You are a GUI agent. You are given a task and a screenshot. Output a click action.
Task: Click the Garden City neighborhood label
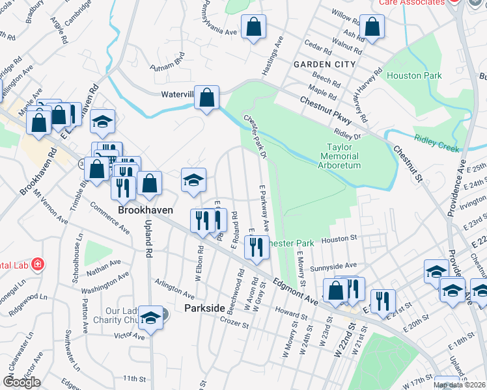coord(324,64)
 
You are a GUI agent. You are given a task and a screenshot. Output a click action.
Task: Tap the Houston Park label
coord(414,75)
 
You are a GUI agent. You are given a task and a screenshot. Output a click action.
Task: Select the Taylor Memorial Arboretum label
coord(340,156)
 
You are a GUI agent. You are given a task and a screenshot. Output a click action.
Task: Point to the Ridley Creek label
coord(436,138)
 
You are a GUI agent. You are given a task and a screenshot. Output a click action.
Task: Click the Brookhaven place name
coord(144,202)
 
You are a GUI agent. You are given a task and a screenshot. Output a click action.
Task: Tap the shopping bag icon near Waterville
coord(206,98)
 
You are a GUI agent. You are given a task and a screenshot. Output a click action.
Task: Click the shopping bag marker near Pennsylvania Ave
coord(253,27)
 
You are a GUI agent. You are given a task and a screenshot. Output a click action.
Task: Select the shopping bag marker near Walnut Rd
coord(372,27)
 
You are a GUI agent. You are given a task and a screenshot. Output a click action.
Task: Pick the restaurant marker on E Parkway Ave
coord(257,246)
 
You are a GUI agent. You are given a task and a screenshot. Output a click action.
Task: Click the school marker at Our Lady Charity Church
coord(150,317)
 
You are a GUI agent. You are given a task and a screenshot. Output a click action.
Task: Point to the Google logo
coord(21,382)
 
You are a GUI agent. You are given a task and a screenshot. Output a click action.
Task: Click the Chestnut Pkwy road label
coord(326,110)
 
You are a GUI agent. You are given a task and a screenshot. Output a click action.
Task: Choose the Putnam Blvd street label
coord(168,65)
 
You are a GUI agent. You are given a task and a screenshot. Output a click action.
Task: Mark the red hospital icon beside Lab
coord(38,264)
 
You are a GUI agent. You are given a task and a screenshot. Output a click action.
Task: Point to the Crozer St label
coord(234,322)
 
